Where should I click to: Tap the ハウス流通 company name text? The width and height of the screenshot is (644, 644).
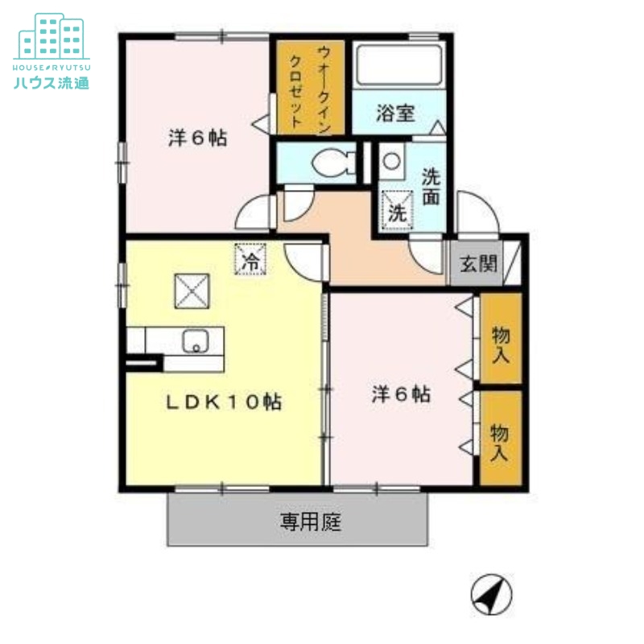51,81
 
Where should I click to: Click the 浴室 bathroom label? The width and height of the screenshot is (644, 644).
395,114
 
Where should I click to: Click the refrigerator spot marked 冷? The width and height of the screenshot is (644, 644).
252,260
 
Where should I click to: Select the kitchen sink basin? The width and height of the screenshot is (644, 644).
196,342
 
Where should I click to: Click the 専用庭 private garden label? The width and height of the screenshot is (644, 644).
311,522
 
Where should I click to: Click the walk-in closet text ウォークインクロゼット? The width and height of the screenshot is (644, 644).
310,87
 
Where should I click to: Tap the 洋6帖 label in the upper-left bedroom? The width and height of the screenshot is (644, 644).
197,138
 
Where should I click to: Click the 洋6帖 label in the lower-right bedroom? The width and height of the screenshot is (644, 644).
400,394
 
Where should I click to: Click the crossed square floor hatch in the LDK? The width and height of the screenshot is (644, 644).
192,290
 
